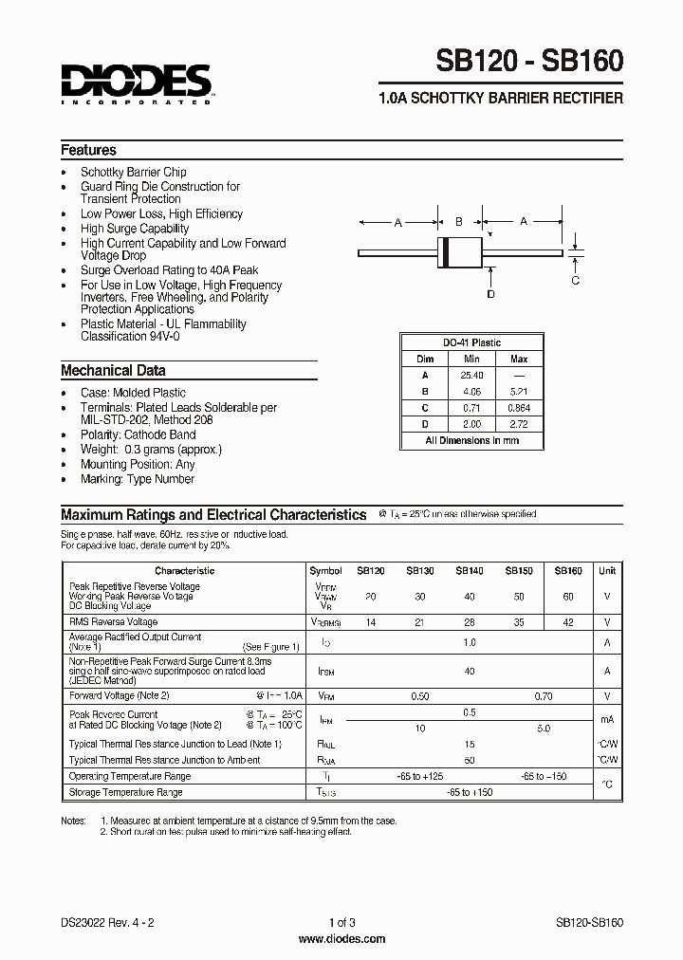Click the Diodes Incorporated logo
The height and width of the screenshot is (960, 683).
coord(136,83)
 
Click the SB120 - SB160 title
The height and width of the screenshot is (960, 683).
coord(529,63)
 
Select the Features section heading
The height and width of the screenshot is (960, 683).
coord(88,150)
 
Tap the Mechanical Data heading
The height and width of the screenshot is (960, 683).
coord(113,371)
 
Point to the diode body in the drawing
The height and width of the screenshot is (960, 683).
coord(458,252)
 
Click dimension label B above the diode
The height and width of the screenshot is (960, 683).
coord(458,222)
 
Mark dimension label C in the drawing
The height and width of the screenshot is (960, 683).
coord(575,280)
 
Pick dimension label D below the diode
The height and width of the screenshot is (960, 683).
coord(490,294)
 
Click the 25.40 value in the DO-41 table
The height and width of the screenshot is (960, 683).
coord(472,375)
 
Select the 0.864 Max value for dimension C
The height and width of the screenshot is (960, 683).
coord(519,407)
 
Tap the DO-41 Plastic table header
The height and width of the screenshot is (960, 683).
coord(471,342)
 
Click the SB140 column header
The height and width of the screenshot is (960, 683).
coord(469,571)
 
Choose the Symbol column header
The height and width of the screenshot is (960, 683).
coord(325,571)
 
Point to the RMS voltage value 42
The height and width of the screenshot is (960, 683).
coord(567,621)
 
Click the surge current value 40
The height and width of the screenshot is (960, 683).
coord(469,672)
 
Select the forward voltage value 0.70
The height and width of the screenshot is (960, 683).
coord(543,696)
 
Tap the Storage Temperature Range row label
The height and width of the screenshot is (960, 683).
coord(125,792)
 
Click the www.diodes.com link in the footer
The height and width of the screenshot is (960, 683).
coord(341,939)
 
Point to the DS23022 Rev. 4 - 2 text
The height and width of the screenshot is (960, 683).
coord(106,922)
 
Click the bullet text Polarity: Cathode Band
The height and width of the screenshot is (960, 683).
coord(139,435)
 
